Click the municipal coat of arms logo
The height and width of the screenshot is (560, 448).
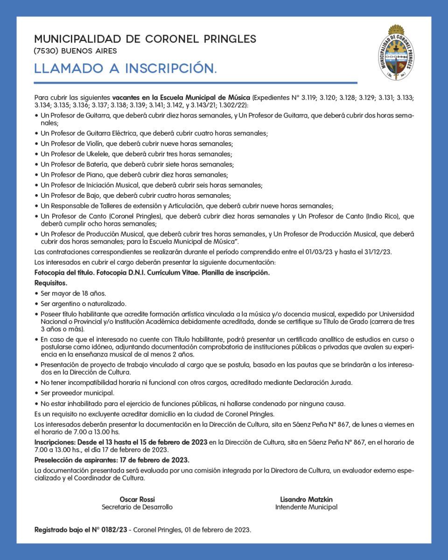tap(398, 53)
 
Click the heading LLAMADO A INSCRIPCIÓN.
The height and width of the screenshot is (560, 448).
tap(126, 69)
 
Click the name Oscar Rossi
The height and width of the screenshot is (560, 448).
tap(137, 499)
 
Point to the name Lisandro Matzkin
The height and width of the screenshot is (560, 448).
tap(306, 499)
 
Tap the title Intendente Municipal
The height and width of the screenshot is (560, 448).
tap(306, 507)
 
